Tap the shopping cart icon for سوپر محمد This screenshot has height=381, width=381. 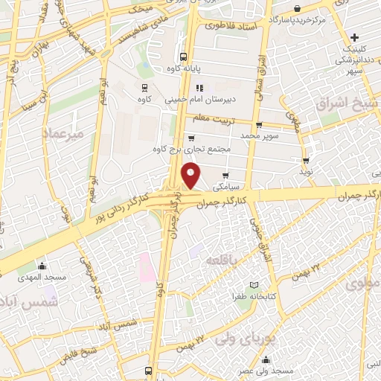tap(259, 125)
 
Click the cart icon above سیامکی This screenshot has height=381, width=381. tap(225, 175)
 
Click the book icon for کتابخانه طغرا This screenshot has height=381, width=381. tap(254, 286)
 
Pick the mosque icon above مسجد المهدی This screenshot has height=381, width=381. tap(42, 266)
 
